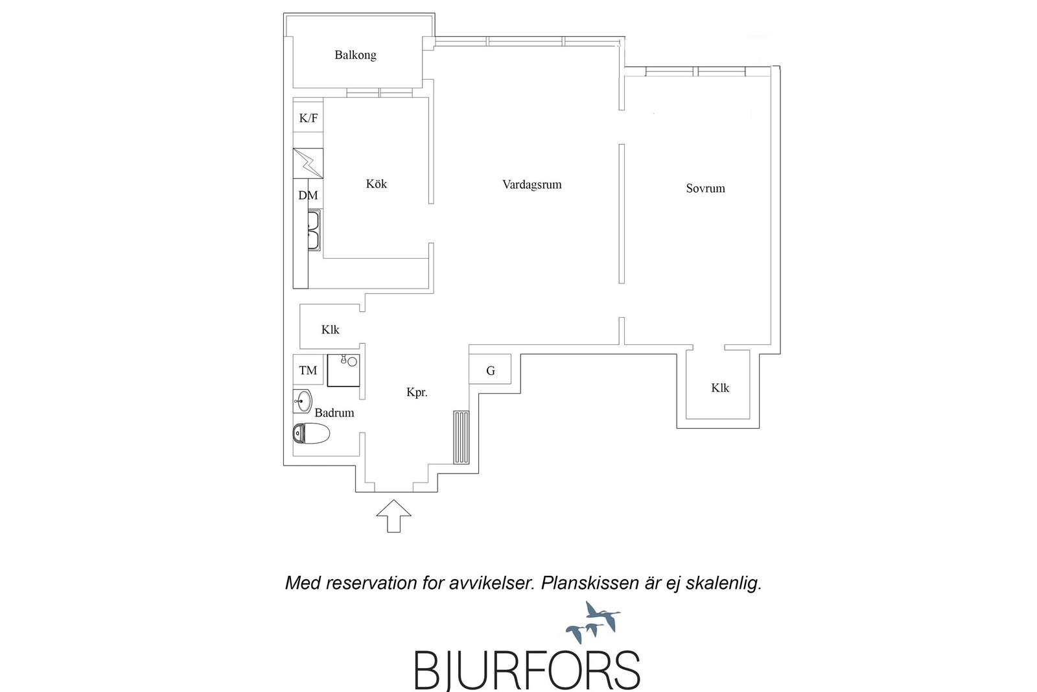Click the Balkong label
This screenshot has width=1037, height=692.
pyautogui.click(x=355, y=55)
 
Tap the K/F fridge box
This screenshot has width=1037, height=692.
pyautogui.click(x=309, y=117)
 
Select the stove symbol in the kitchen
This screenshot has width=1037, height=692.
pyautogui.click(x=309, y=163)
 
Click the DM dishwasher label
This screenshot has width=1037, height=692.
pyautogui.click(x=308, y=195)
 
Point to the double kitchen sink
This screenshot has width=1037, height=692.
pyautogui.click(x=314, y=231)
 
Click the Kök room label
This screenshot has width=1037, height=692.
pyautogui.click(x=377, y=184)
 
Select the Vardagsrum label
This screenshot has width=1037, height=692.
pyautogui.click(x=532, y=184)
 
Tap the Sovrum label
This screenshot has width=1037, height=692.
pyautogui.click(x=706, y=188)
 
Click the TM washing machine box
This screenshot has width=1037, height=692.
pyautogui.click(x=308, y=370)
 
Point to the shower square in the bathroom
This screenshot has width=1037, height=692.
pyautogui.click(x=344, y=370)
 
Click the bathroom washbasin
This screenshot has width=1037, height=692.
pyautogui.click(x=303, y=401)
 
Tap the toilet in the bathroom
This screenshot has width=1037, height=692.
pyautogui.click(x=311, y=433)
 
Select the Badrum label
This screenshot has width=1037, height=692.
pyautogui.click(x=334, y=412)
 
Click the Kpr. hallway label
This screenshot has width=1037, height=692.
pyautogui.click(x=417, y=393)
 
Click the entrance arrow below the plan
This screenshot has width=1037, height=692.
pyautogui.click(x=393, y=516)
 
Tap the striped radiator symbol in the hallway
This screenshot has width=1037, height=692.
pyautogui.click(x=461, y=437)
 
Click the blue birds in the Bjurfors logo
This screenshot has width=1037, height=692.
pyautogui.click(x=593, y=622)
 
